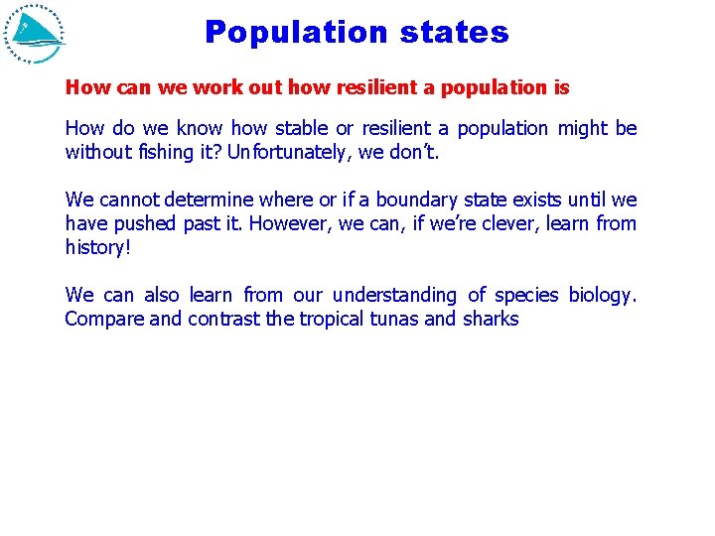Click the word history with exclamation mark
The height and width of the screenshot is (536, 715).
coord(97,247)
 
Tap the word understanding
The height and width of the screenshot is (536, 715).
coord(395,295)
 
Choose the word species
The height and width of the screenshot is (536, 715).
coord(525,295)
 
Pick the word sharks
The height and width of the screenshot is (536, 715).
coord(491,319)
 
